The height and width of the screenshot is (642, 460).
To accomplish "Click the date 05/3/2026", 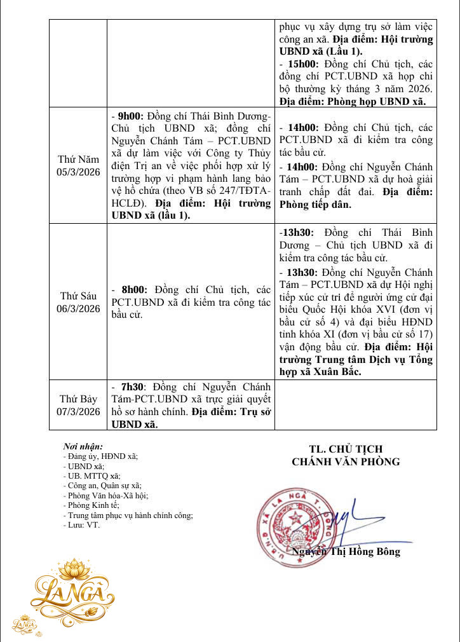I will (x=78, y=172).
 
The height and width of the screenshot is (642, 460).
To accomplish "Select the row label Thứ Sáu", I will (x=78, y=296).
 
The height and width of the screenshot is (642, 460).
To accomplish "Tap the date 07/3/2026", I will (x=78, y=411).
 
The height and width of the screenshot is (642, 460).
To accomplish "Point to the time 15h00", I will (x=301, y=64).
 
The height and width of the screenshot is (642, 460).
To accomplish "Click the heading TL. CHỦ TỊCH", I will (x=346, y=449).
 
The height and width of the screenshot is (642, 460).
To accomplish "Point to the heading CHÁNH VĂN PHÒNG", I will (x=346, y=461).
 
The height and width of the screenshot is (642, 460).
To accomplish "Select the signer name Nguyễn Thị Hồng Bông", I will (x=346, y=551).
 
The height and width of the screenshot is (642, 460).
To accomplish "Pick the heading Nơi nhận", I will (x=83, y=447).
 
